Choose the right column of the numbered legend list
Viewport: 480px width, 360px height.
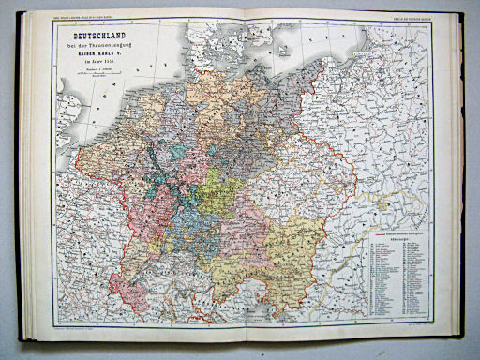coord(415,277)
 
